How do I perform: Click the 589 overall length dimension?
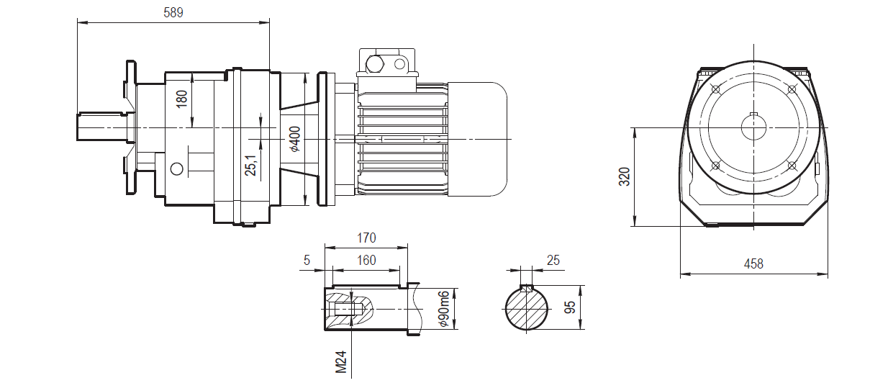click(x=173, y=12)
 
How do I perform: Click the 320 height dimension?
click(x=624, y=176)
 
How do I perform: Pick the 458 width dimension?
click(x=753, y=264)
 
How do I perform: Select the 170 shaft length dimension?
click(x=366, y=238)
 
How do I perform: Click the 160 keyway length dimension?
click(x=366, y=260)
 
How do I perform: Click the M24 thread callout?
click(x=342, y=361)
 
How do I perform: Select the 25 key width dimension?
click(x=553, y=260)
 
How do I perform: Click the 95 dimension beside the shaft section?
click(x=570, y=308)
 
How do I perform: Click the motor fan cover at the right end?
click(x=479, y=138)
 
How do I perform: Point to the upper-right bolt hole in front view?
click(x=792, y=89)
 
